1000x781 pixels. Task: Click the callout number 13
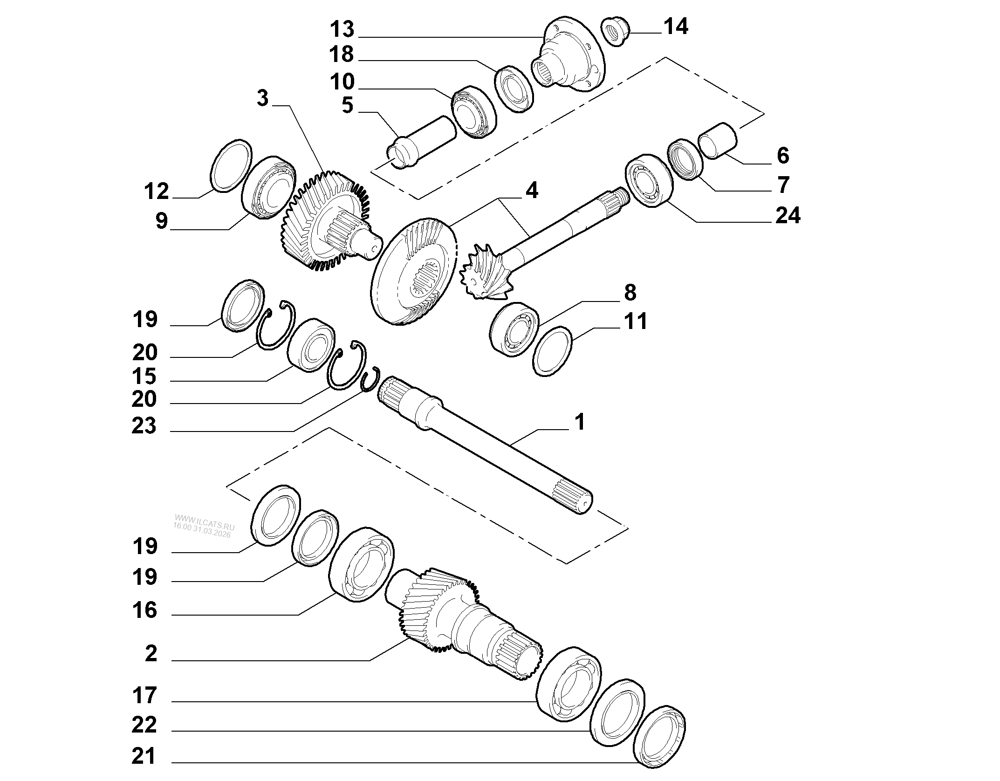[x=342, y=29]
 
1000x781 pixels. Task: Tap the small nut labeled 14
[x=614, y=31]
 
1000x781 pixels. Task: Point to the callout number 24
[x=788, y=216]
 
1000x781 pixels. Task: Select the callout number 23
[x=144, y=426]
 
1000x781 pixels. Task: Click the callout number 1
[x=579, y=423]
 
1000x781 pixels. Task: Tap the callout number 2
[x=151, y=654]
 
